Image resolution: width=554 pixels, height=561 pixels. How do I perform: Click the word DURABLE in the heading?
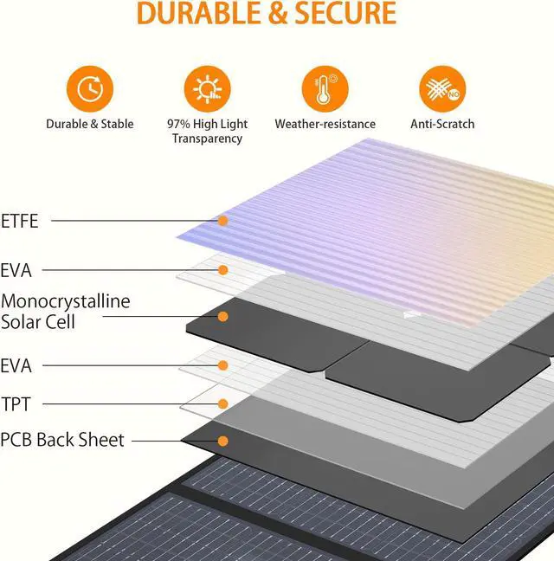pos(196,13)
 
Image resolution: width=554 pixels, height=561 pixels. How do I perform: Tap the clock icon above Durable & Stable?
pos(90,89)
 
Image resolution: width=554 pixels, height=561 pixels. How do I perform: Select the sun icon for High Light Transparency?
pos(207,89)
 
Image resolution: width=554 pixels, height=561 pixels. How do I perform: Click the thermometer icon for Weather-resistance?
pos(325,89)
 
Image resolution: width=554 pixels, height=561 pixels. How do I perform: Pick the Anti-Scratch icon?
pos(442,89)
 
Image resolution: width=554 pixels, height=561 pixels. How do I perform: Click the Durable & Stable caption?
pos(90,124)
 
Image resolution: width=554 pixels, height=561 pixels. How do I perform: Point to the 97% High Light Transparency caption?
pos(207,131)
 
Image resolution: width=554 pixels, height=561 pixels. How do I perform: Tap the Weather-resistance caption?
pos(325,124)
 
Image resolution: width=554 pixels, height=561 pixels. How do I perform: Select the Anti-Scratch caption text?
pos(442,124)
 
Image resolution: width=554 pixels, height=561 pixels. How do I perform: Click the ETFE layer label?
pos(21,221)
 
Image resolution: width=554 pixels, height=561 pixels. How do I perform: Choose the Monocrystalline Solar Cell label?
pos(66,312)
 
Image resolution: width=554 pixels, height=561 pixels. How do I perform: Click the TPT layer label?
pos(16,404)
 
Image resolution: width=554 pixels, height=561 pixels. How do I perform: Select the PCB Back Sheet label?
pos(62,440)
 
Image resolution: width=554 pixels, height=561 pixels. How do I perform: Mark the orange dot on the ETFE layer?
pos(222,221)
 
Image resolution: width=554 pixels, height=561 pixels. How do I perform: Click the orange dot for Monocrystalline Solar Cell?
pos(222,317)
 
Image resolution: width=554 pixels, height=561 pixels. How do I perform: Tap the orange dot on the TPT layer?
pos(222,404)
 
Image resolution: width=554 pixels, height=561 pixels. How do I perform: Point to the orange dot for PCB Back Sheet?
pos(222,441)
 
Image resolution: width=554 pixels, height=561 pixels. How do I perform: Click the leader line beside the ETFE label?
pos(130,221)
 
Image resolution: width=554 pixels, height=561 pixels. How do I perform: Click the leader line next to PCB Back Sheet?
pos(173,441)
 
